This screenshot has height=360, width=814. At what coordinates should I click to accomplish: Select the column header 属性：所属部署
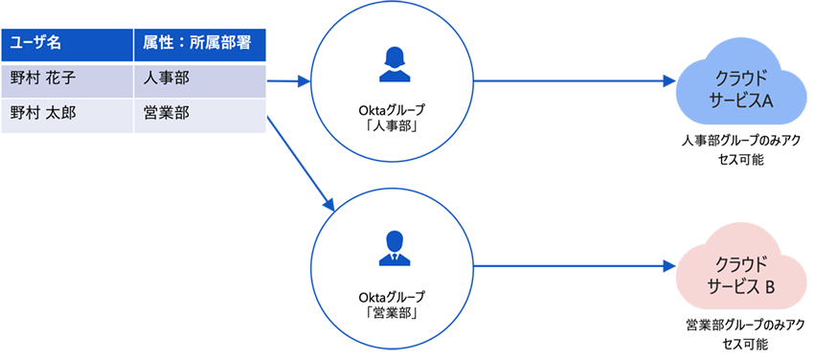(x=198, y=43)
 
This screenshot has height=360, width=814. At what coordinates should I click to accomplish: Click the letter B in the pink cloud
(x=768, y=283)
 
